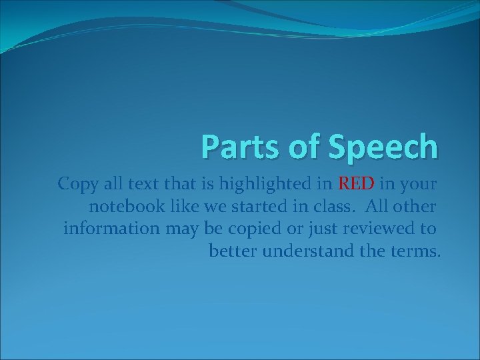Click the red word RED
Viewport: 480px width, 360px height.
pos(356,183)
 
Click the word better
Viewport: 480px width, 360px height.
pos(233,251)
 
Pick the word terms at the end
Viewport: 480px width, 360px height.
pos(416,251)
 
